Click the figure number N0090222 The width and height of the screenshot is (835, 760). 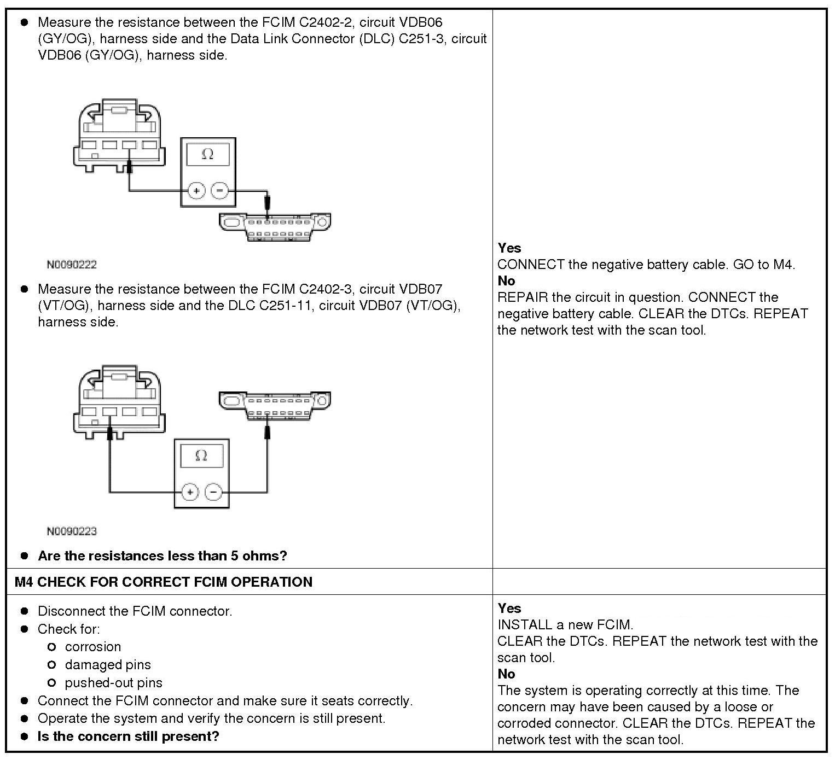point(72,265)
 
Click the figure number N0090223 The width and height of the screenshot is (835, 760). point(72,531)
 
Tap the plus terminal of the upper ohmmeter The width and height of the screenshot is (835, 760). point(196,191)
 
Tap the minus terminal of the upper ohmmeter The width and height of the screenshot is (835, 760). point(219,191)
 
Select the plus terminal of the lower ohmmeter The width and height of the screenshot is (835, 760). point(190,493)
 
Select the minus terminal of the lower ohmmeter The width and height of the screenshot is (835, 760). point(213,493)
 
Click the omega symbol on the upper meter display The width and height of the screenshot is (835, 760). point(207,154)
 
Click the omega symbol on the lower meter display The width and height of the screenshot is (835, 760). point(201,455)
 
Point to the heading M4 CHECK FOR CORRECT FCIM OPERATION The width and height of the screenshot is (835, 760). point(164,582)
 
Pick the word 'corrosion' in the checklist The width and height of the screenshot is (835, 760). point(92,647)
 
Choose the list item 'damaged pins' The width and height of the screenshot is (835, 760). point(107,665)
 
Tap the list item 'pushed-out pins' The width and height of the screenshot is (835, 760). point(113,683)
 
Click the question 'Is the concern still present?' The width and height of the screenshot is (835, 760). point(128,736)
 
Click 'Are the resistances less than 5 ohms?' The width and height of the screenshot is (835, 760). point(162,556)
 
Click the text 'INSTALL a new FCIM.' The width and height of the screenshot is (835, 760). point(565,624)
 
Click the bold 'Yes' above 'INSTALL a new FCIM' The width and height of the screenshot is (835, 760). point(509,608)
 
